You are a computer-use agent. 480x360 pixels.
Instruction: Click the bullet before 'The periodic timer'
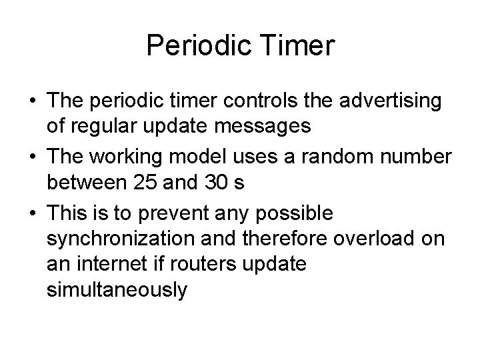[31, 103]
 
